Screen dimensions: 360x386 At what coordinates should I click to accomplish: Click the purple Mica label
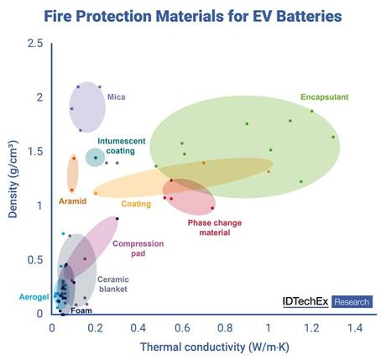pos(116,97)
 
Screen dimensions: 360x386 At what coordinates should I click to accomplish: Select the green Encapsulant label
pos(325,97)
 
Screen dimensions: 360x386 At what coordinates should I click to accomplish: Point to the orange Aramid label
pos(72,201)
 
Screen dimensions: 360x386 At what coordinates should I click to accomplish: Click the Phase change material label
pos(208,227)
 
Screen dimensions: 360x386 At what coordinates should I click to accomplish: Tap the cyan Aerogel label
pos(34,297)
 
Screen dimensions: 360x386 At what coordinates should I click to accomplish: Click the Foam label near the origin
pos(81,310)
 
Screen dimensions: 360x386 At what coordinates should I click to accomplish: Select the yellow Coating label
pos(136,204)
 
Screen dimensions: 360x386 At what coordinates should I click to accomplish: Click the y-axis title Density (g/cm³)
pos(14,179)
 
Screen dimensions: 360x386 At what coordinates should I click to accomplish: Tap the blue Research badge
pos(352,301)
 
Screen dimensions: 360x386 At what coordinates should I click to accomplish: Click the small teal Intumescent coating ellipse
pos(95,157)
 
